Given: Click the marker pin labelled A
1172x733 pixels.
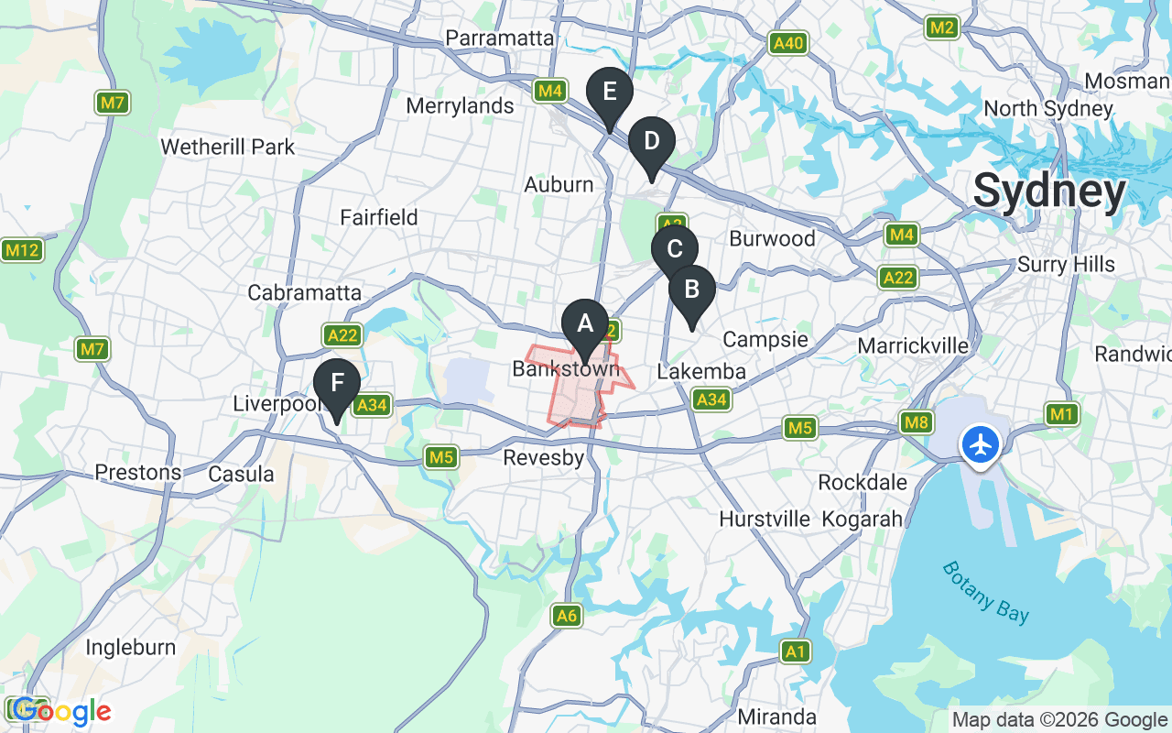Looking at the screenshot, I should point(585,324).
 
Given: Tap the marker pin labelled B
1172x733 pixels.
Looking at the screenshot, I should point(692,290).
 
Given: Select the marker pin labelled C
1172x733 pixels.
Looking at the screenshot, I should point(675,249).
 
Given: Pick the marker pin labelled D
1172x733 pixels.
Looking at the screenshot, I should point(652,142).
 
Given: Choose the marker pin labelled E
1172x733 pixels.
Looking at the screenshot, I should point(610,93).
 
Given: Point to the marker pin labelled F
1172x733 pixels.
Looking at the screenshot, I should point(337,383).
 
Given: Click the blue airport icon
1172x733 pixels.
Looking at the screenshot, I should point(981,445).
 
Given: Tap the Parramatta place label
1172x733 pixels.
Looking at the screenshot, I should point(500,38).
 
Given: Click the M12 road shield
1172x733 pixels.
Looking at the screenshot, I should point(22,250).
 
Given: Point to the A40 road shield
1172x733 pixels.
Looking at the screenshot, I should point(787,43).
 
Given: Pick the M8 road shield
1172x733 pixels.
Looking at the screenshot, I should point(917,422).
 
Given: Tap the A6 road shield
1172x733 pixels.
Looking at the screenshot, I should point(568,616).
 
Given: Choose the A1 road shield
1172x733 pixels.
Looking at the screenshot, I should point(797,651).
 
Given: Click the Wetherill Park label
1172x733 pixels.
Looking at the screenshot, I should point(227,147).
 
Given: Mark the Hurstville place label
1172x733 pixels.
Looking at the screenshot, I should point(765,520).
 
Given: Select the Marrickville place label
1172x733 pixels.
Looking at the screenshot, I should point(913,345).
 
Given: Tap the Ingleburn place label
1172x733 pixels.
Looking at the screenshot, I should point(130,648).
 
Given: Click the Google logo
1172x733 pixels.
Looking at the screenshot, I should point(61,711).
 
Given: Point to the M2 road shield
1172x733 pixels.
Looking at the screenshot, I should point(942,28).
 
